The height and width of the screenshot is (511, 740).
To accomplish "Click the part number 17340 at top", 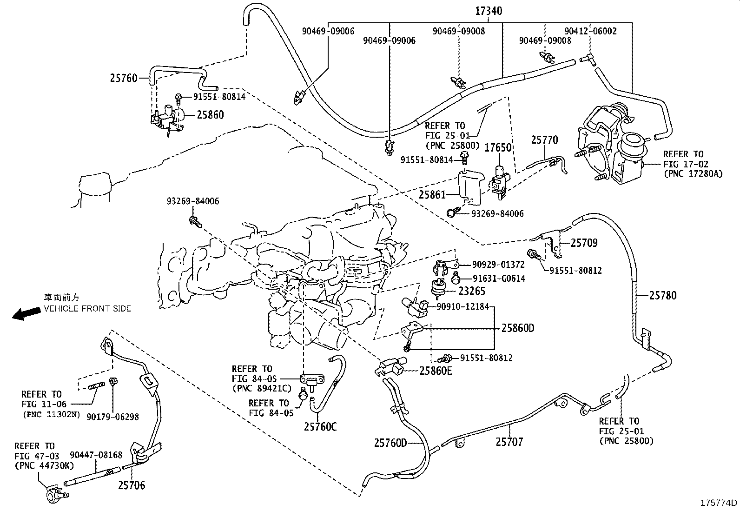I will (x=488, y=11).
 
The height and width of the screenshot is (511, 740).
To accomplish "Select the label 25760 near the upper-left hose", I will (x=124, y=78).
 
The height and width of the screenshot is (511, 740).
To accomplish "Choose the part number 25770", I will (x=544, y=140).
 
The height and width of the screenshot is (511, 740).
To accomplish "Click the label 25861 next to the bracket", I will (x=433, y=195).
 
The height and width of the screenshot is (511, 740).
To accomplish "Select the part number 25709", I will (x=584, y=243).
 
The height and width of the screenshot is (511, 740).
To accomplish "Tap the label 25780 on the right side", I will (x=663, y=295).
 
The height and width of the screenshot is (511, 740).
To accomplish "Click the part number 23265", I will (x=472, y=291).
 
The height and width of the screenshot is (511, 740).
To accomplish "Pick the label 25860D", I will (x=518, y=328).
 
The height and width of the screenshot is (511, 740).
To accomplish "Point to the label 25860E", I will (x=436, y=371).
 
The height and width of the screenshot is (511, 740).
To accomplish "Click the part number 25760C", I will (x=320, y=426).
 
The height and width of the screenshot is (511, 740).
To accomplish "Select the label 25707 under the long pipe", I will (x=509, y=442).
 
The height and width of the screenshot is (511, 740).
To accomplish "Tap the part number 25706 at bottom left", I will (x=131, y=485).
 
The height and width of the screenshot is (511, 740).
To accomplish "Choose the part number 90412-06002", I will (x=590, y=31).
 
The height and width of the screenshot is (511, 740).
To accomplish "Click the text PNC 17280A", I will (x=693, y=174).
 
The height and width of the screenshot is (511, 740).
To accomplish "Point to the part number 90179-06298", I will (x=112, y=417).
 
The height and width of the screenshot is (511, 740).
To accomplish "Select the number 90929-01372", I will (x=498, y=265).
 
